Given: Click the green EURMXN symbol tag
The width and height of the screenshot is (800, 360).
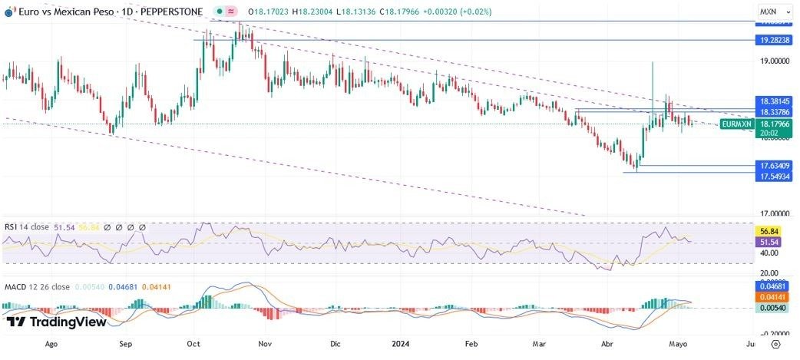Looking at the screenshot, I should (736, 124).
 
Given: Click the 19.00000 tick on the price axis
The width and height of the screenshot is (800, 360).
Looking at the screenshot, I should (774, 61).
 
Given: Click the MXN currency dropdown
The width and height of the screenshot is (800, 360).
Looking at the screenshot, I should (772, 12).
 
